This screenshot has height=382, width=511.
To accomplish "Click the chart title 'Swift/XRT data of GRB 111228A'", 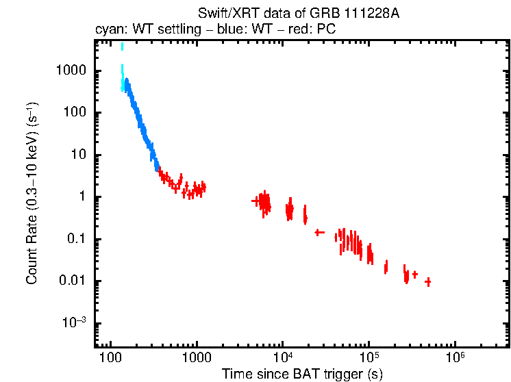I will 298,14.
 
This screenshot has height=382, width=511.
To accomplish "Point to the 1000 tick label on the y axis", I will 71,71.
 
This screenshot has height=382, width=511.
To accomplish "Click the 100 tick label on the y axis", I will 74,113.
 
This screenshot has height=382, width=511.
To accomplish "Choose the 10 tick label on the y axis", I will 77,155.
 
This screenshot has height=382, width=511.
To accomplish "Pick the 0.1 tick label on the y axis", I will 75,240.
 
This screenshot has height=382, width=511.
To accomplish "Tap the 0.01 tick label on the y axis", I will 72,281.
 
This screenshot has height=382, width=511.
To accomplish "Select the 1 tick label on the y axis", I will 81,197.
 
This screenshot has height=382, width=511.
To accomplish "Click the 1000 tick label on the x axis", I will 196,358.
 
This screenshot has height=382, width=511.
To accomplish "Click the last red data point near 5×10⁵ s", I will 428,281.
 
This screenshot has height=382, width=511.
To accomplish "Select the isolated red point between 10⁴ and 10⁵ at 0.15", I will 319,233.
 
